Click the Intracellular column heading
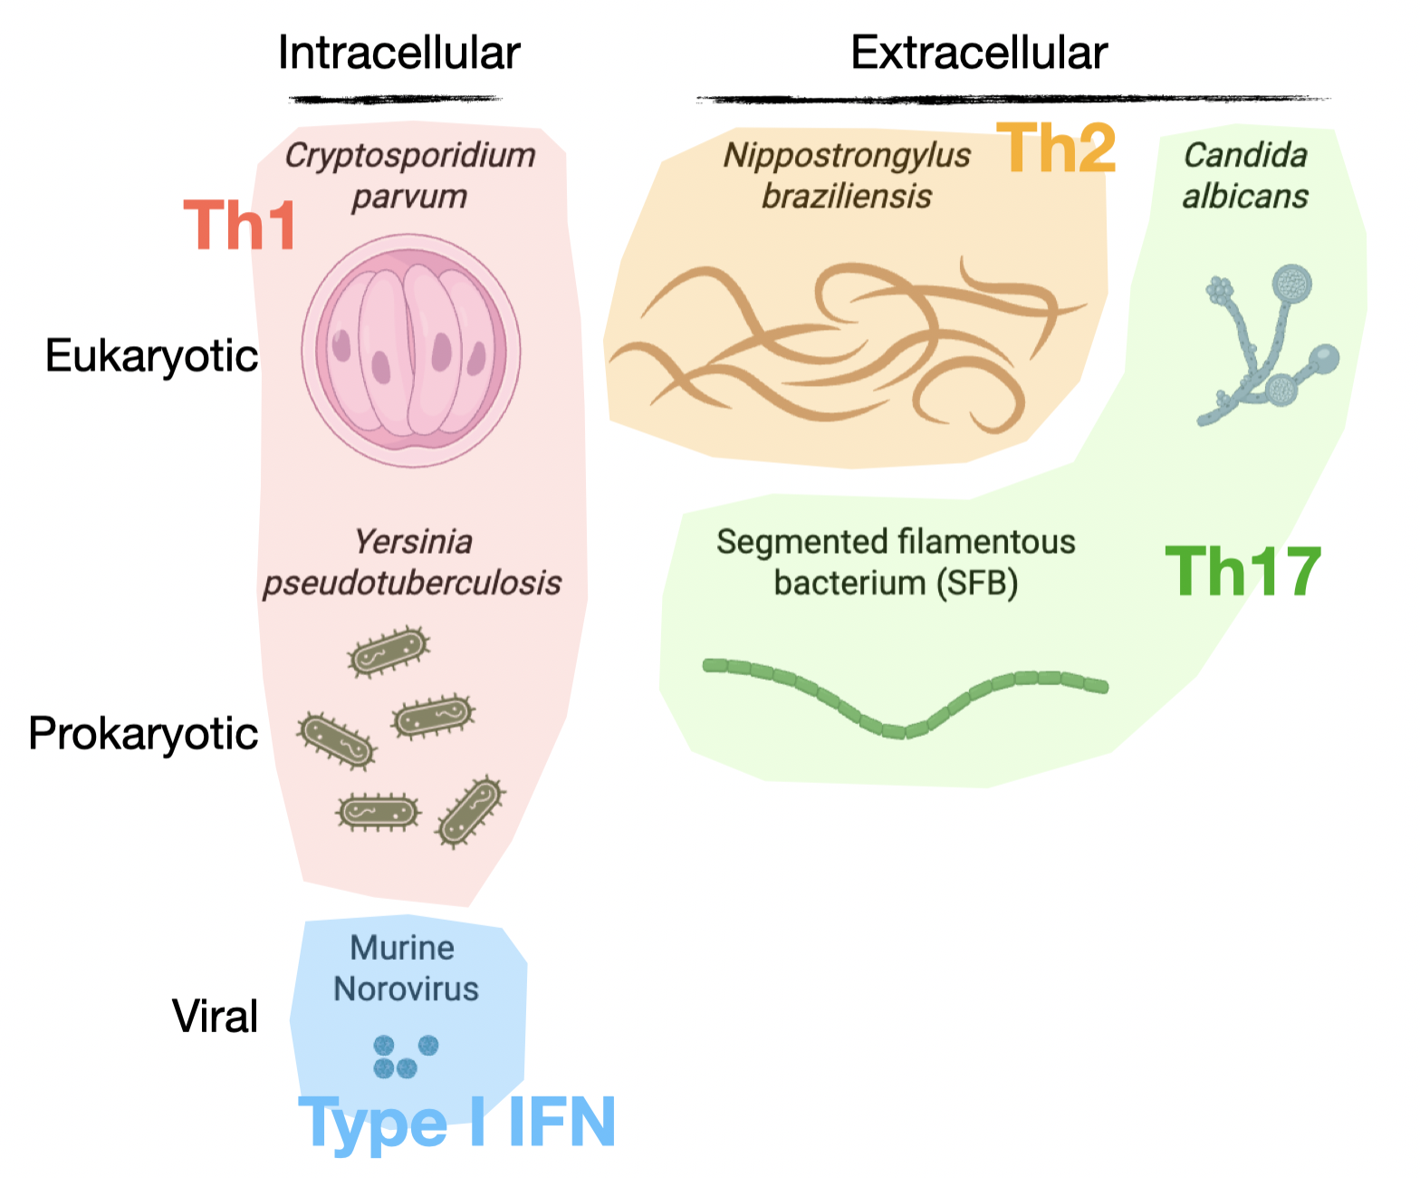[x=398, y=53]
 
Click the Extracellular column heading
[x=979, y=53]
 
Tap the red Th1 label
[x=240, y=226]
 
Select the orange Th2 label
[x=1056, y=149]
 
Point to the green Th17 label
[x=1242, y=572]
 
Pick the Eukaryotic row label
[x=151, y=356]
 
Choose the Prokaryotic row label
[x=143, y=733]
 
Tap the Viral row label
[x=215, y=1016]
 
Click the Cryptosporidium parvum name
[x=410, y=175]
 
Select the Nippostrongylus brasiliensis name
[x=847, y=175]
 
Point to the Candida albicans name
[x=1245, y=175]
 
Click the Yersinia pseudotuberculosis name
[x=412, y=562]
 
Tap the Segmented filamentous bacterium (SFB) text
[x=896, y=562]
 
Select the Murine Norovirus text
[x=405, y=968]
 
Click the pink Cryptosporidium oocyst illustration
[x=411, y=351]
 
